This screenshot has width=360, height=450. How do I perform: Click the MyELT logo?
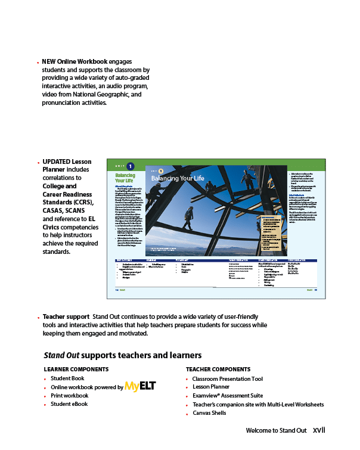[x=140, y=386]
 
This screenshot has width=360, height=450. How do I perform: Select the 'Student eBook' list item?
[x=69, y=404]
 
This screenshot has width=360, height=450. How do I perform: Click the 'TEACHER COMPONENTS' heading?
[x=218, y=369]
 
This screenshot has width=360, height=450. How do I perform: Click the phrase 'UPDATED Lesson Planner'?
[x=66, y=166]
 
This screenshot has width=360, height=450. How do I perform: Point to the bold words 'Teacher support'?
[x=66, y=316]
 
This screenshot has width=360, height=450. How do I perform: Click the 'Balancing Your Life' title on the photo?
[x=178, y=178]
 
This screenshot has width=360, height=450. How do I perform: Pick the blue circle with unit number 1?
[x=131, y=166]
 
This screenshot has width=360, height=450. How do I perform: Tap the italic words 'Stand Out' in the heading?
[x=62, y=355]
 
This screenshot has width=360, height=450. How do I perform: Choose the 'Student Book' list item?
[x=67, y=378]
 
